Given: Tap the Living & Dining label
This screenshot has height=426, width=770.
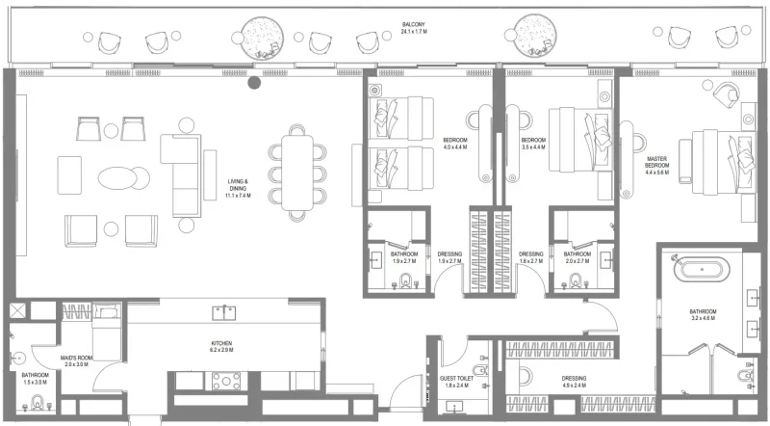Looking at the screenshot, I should (238, 187).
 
